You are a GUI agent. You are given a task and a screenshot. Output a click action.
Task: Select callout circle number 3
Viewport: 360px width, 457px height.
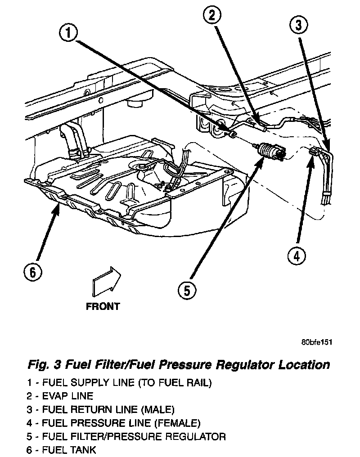297,25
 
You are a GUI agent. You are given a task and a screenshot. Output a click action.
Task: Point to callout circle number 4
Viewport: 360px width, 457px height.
297,256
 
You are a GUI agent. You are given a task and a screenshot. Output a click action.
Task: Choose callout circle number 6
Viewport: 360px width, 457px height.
32,272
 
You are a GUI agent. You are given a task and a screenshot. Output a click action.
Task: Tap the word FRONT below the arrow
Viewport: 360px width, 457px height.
103,307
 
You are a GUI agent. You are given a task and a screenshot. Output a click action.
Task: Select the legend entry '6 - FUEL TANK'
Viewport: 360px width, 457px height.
61,449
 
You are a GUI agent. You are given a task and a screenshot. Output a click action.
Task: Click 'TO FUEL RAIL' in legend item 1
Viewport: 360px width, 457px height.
174,383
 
